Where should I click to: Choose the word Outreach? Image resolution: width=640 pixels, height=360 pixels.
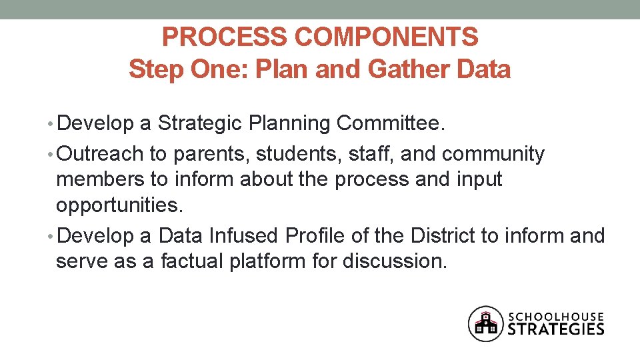[x=100, y=154]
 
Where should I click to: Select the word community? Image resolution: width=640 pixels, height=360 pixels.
[x=493, y=155]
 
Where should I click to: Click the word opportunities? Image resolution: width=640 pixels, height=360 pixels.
[x=119, y=205]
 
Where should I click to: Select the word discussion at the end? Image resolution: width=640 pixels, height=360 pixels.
[x=393, y=261]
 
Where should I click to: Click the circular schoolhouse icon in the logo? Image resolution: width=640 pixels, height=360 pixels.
[x=486, y=323]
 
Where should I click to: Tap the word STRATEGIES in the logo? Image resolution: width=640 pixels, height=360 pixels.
[x=556, y=329]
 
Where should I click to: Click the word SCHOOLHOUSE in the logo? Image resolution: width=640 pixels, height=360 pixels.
[x=556, y=316]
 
